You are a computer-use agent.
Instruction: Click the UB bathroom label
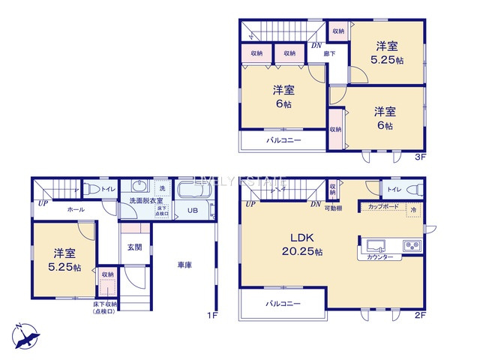(x=193, y=211)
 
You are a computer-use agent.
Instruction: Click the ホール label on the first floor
(x=75, y=211)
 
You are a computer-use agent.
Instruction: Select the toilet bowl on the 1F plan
(x=92, y=188)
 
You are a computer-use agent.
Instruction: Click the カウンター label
(x=380, y=257)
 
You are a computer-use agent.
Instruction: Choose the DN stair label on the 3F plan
(x=316, y=45)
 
